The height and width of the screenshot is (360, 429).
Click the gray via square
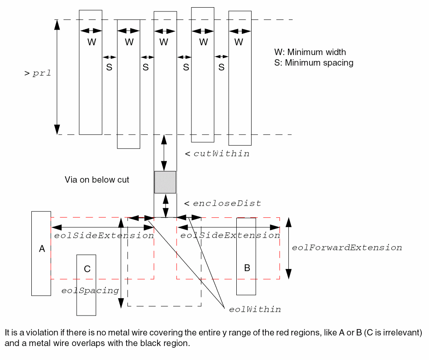tap(165, 182)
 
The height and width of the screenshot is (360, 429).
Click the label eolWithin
tap(255, 310)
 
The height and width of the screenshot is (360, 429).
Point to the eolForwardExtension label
tap(347, 248)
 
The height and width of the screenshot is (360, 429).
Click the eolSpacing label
tap(90, 291)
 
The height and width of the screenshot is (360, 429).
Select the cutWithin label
tap(221, 154)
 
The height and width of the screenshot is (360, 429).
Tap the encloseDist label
tap(227, 204)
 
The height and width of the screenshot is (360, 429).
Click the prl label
tap(42, 73)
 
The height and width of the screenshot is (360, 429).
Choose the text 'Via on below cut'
tap(97, 180)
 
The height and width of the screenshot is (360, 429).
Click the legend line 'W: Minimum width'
tap(310, 53)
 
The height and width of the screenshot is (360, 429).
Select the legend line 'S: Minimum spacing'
tap(314, 63)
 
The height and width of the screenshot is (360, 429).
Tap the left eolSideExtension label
tap(104, 235)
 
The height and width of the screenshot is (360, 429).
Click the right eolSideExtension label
tap(230, 235)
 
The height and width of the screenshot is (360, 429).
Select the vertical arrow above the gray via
tap(164, 153)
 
